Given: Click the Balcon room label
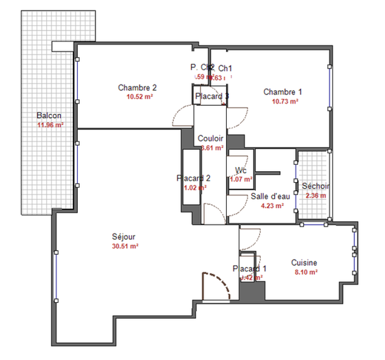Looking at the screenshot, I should pyautogui.click(x=49, y=115).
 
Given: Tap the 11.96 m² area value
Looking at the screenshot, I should pyautogui.click(x=49, y=125).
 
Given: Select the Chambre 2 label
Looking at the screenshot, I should pyautogui.click(x=137, y=87).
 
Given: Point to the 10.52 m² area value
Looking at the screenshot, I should pyautogui.click(x=138, y=97).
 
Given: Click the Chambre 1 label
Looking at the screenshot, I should pyautogui.click(x=283, y=91).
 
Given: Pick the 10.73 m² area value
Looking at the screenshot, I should pyautogui.click(x=283, y=101).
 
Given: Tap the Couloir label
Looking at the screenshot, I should pyautogui.click(x=211, y=138).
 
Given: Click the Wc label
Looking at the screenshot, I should pyautogui.click(x=241, y=170).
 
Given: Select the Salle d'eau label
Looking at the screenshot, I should pyautogui.click(x=270, y=196).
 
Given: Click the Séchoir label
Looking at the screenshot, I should pyautogui.click(x=316, y=186).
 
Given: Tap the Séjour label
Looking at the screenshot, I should pyautogui.click(x=124, y=236).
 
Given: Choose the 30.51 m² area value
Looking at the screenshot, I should pyautogui.click(x=125, y=246).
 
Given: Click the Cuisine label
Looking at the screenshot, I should pyautogui.click(x=304, y=262).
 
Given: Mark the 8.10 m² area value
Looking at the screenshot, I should pyautogui.click(x=304, y=272).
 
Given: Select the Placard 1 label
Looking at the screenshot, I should pyautogui.click(x=249, y=269).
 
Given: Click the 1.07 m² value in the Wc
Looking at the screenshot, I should pyautogui.click(x=241, y=179).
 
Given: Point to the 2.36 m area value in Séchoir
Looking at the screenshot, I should pyautogui.click(x=316, y=196).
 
